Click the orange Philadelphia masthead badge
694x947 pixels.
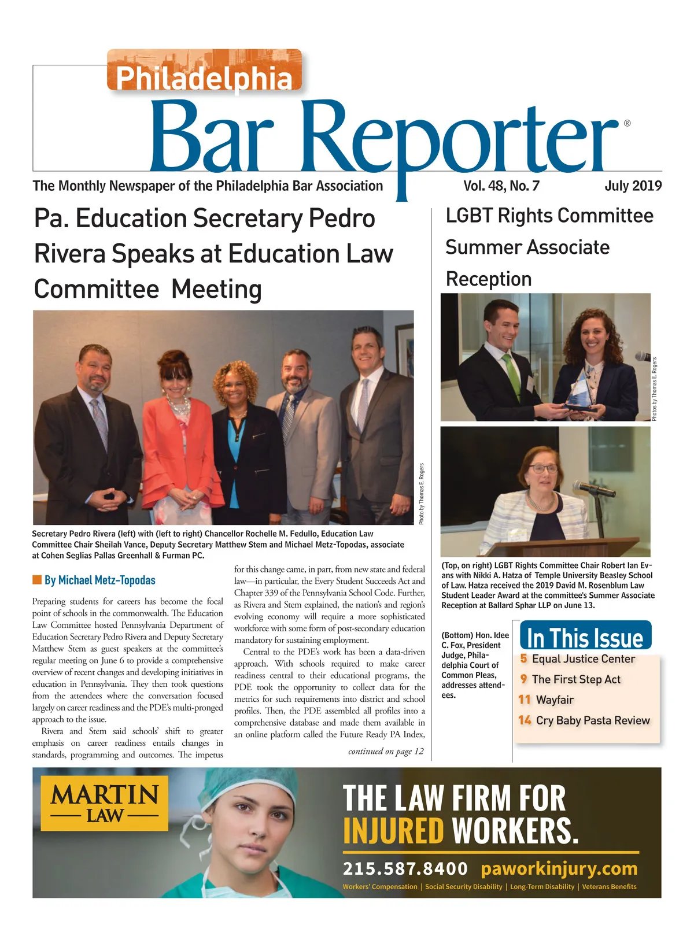204,71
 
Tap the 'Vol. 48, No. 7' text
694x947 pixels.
501,186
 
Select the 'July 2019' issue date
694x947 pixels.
633,186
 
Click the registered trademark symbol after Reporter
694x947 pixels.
627,123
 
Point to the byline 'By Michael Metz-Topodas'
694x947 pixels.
99,580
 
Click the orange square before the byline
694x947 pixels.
36,580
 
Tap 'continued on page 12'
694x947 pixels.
386,751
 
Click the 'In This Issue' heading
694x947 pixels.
585,637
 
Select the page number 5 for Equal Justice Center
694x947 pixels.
523,659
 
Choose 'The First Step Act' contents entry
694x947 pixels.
576,679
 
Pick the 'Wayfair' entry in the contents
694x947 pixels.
555,700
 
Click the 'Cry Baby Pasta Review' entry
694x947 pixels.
593,720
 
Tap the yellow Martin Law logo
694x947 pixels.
105,803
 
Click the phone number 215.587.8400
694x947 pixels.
405,868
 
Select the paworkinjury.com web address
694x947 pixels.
559,868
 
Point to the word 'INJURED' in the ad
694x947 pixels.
393,831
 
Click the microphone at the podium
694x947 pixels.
593,489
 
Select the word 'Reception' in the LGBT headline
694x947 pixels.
489,279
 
